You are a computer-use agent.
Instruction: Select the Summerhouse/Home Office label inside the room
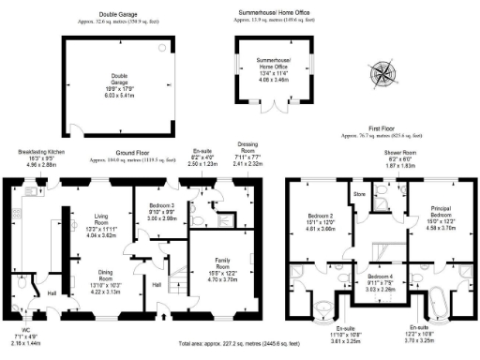(x=275, y=64)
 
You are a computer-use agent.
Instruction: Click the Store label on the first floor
(x=359, y=195)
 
